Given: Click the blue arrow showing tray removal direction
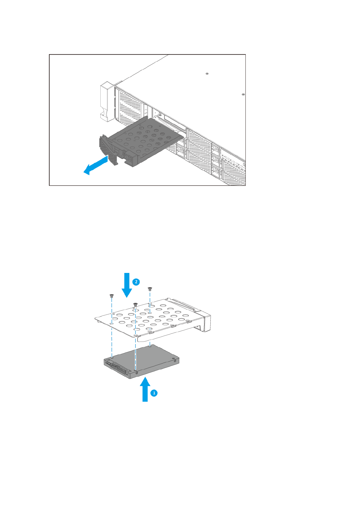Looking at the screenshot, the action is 95,166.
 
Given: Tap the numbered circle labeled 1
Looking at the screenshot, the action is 154,393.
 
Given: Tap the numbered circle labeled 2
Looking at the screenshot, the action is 136,282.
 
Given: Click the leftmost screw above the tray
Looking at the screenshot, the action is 112,296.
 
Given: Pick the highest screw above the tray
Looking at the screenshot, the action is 150,289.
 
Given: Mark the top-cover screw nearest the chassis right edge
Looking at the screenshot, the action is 243,95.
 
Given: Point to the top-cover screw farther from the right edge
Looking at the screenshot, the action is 207,74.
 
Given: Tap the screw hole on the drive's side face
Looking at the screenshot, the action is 138,374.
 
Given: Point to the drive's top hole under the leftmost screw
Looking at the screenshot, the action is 112,357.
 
